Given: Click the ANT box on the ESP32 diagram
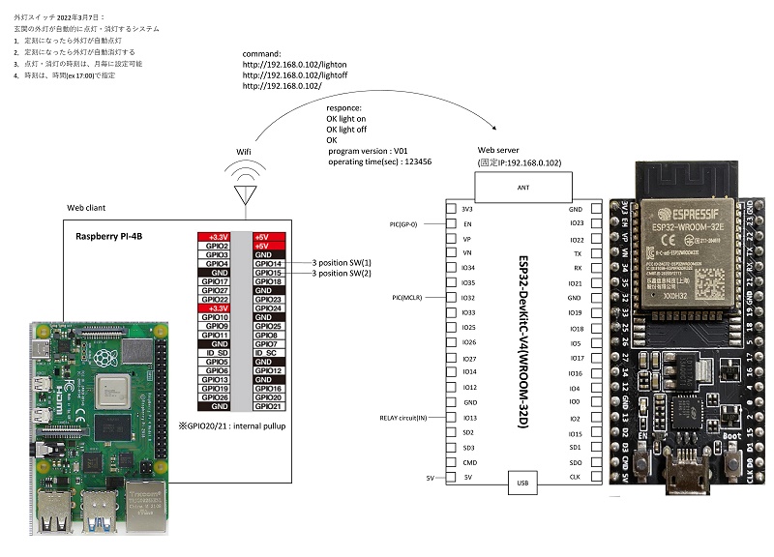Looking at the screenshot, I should [523, 188].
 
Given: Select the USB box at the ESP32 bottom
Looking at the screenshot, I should [523, 483].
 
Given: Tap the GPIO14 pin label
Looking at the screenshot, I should [268, 263].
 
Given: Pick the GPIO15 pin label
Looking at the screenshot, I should [268, 273].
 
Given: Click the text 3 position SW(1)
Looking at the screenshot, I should [342, 263].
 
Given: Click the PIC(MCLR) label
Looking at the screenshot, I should [411, 297].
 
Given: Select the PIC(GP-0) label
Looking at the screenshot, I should [411, 224].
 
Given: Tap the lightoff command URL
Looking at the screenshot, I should [283, 74].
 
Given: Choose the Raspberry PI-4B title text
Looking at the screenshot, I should [111, 235].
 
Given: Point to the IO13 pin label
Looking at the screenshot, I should [470, 418].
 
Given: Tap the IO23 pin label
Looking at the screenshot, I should [576, 224].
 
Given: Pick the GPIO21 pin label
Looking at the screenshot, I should [268, 406].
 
